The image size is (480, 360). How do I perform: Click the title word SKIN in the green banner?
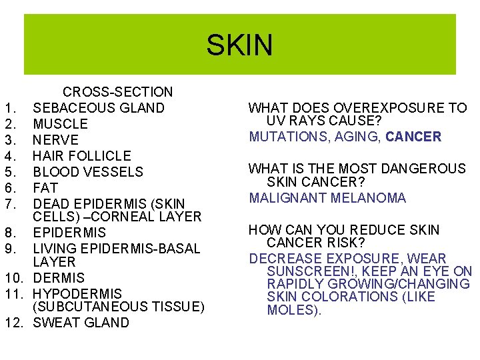point(239,45)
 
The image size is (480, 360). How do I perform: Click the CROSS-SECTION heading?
point(117,92)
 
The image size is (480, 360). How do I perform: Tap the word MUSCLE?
point(60,124)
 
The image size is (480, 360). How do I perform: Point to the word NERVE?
point(55,140)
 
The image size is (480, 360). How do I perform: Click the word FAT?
point(45,188)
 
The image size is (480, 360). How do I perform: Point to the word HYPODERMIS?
point(77,293)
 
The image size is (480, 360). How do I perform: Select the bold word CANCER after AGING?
point(413,137)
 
